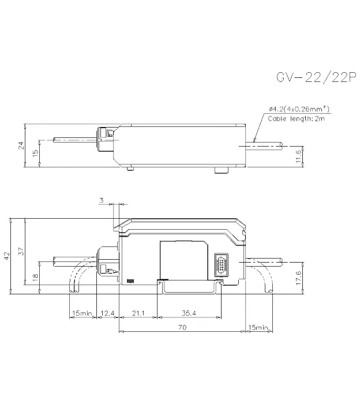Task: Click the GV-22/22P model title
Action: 316,77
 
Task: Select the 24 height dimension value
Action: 21,145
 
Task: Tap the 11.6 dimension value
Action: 298,156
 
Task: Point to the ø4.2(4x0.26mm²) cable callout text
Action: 299,109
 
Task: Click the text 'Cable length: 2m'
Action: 297,119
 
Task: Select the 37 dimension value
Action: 21,251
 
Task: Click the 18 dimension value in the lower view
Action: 35,276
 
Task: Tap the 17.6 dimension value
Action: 298,278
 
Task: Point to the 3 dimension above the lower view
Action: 102,200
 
